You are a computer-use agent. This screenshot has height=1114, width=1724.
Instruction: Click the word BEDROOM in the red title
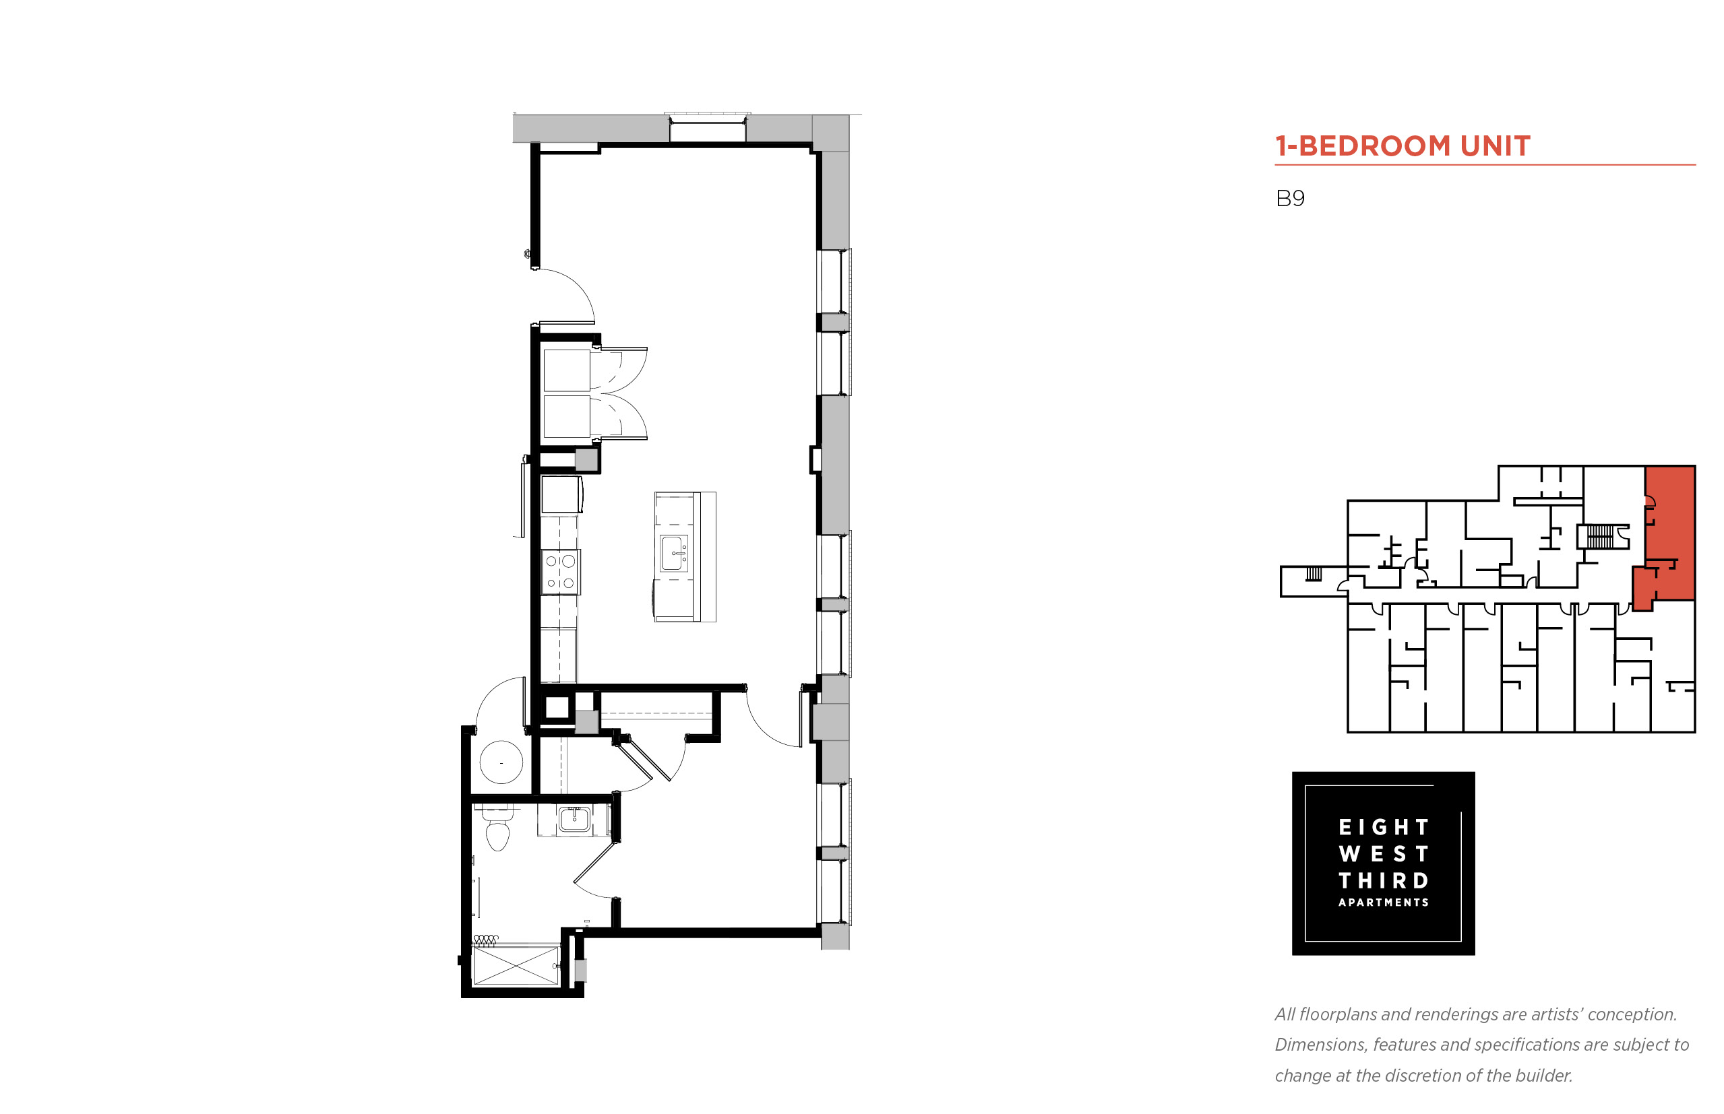tap(1374, 146)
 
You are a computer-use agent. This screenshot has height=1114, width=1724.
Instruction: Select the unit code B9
tap(1289, 198)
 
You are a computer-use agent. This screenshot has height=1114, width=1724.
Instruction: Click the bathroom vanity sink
tap(575, 820)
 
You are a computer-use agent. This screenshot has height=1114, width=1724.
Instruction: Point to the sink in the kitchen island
tap(673, 553)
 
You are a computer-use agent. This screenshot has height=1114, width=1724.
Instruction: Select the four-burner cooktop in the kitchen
tap(560, 571)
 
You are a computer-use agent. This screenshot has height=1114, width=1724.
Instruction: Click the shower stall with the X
tap(516, 965)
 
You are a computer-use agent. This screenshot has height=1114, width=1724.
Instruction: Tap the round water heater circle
tap(501, 762)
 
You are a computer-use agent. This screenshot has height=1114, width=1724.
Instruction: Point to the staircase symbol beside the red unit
tap(1600, 536)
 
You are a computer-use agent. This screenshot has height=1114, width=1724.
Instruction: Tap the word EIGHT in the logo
tap(1383, 827)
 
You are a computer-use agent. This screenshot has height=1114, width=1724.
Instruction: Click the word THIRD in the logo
tap(1383, 880)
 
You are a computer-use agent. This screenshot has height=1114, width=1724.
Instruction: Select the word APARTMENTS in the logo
tap(1383, 902)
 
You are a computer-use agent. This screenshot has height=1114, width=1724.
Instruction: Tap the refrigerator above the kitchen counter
tap(561, 495)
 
